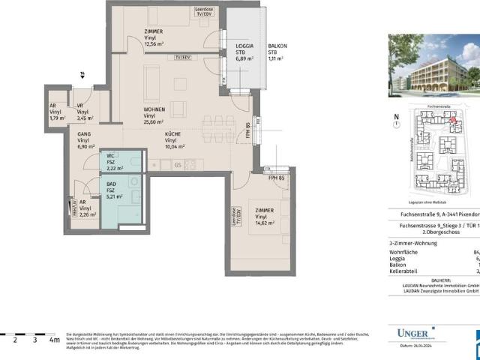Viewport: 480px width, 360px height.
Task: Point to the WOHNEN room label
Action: click(155, 109)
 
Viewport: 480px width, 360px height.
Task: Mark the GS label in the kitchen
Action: click(178, 165)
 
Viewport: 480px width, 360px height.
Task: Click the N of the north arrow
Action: click(397, 116)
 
